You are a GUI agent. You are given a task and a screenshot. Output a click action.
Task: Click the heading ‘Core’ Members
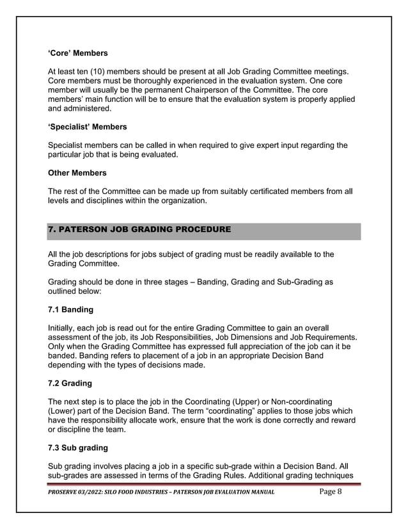78,53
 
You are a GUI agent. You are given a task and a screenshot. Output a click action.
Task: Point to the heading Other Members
77,173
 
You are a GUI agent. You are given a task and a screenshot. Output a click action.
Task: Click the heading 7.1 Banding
70,310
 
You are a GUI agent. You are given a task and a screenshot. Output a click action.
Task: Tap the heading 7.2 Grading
70,384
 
